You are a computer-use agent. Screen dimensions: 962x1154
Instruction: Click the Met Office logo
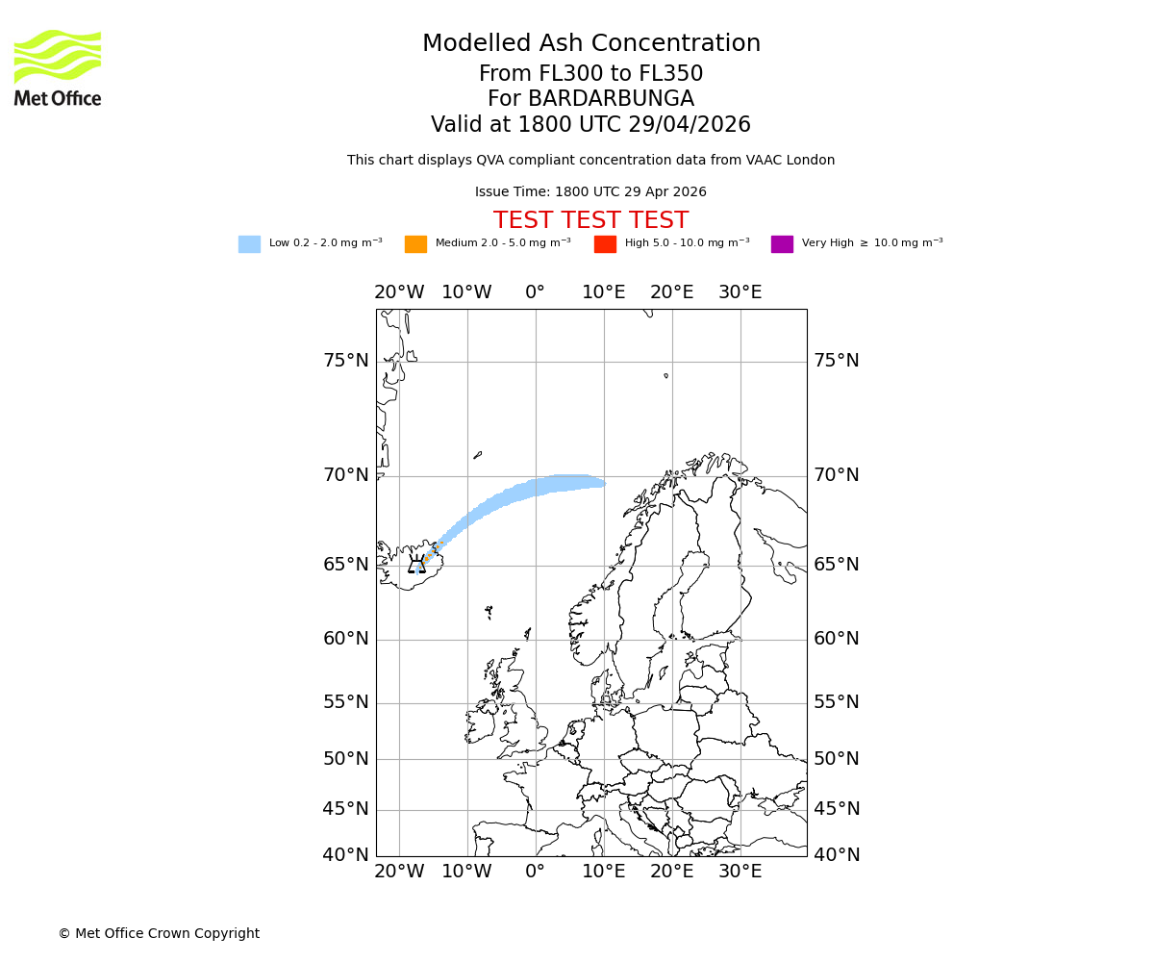(58, 67)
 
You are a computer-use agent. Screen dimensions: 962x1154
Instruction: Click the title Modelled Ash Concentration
(590, 44)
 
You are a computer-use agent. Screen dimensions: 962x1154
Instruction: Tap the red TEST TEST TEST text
(590, 221)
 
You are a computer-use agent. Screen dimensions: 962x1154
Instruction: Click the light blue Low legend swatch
(249, 244)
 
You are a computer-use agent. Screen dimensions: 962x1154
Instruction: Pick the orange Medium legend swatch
(415, 244)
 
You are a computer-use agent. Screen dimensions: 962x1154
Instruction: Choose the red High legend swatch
(605, 244)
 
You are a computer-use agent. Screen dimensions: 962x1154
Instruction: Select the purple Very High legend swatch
(782, 244)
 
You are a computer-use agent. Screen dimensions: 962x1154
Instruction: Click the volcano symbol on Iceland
(416, 565)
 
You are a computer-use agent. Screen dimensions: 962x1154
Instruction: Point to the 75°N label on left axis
(345, 361)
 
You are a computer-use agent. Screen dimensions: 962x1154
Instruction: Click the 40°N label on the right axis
(837, 855)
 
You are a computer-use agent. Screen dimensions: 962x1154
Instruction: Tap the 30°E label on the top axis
(740, 292)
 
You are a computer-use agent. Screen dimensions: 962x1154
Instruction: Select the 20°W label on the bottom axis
(399, 873)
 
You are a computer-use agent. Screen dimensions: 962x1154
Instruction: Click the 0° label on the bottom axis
(536, 873)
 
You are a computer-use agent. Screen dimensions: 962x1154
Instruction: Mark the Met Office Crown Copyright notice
(159, 934)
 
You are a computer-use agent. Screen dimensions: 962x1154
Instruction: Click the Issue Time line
(590, 192)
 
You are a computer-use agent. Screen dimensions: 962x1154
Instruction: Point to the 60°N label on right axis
(837, 639)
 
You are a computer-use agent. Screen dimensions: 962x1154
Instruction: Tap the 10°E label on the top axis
(604, 292)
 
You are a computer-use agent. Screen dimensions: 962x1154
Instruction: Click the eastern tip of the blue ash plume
(603, 483)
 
